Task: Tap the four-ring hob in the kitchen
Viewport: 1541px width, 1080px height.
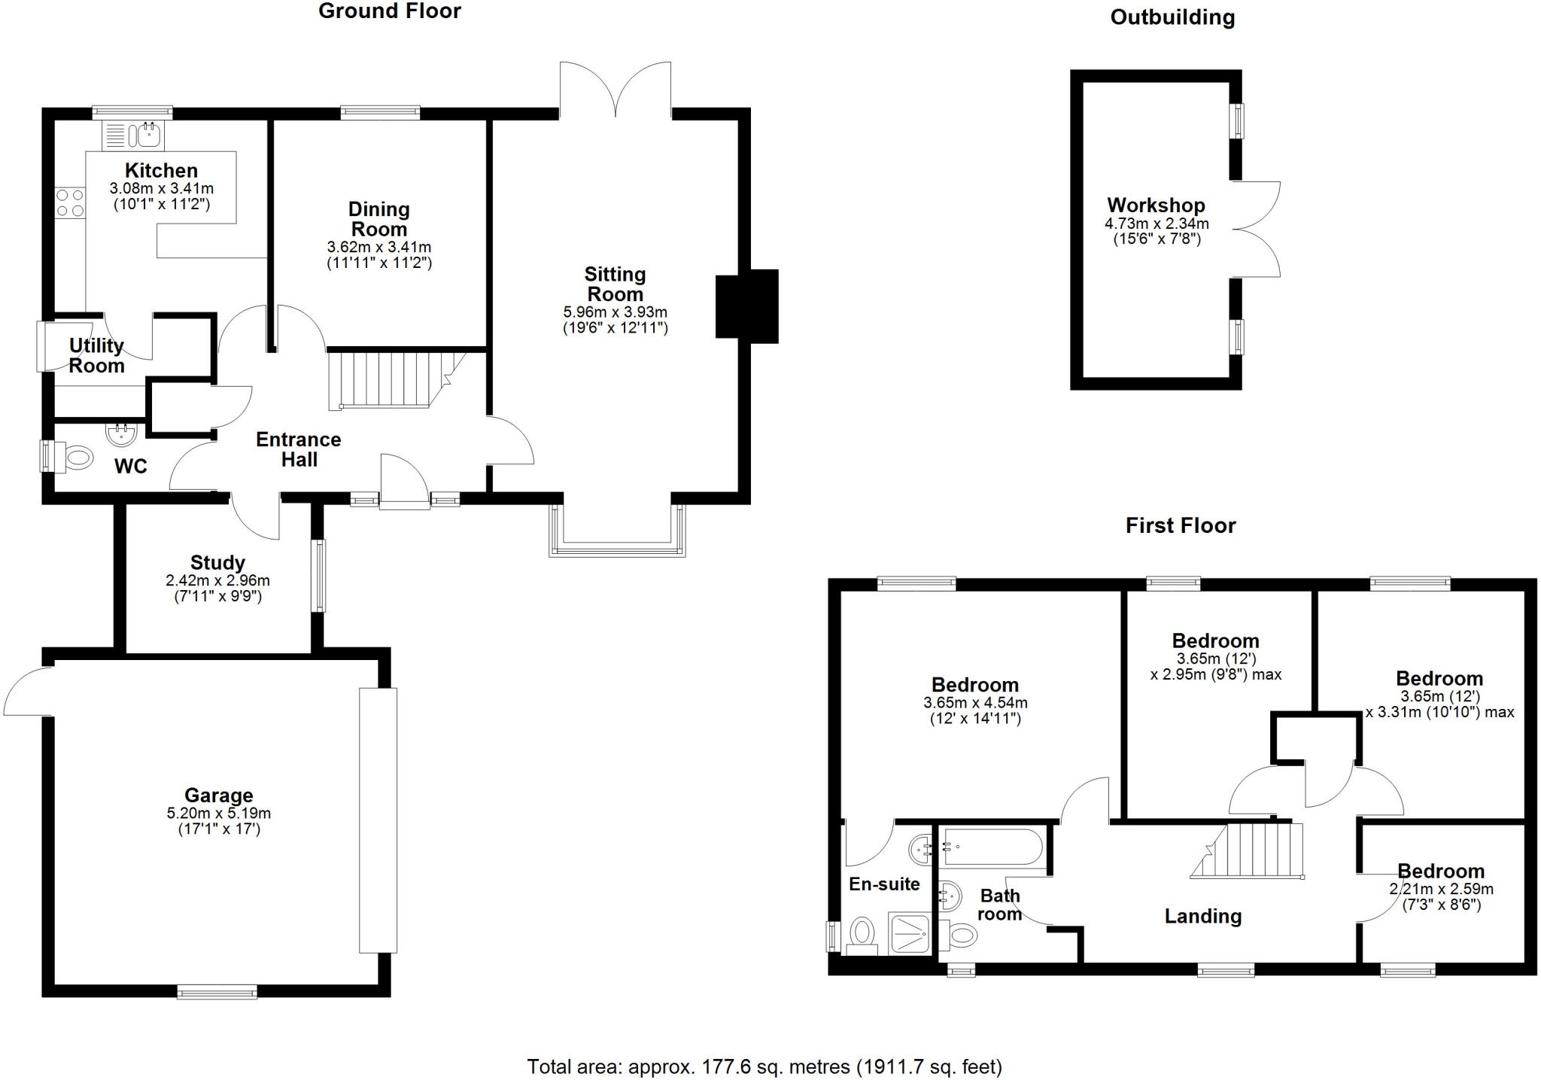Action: pos(70,203)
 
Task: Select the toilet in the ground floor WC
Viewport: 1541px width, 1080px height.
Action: pos(76,457)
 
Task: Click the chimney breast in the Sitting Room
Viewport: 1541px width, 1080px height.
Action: pos(746,306)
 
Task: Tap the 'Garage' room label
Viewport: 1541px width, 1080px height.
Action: pos(218,795)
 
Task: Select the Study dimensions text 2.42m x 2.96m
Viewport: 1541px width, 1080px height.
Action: pos(217,580)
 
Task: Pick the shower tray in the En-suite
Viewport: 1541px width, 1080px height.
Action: pos(910,934)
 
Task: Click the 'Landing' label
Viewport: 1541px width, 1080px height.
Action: pos(1202,916)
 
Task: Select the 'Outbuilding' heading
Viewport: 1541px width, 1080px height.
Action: pos(1172,17)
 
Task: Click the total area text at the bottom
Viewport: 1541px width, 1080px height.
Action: pos(764,1066)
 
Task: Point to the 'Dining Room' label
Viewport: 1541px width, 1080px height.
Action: pos(378,219)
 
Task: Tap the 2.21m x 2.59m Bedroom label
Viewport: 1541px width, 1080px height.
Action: pos(1440,871)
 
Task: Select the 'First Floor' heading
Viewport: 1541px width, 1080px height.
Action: pos(1180,525)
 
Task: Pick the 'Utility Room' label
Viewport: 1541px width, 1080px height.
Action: pos(96,355)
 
